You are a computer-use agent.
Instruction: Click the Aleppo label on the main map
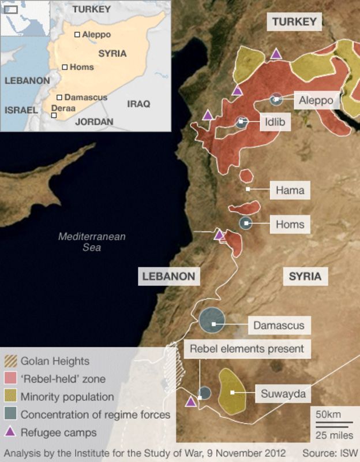click(x=316, y=100)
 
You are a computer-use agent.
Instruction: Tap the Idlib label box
click(x=275, y=122)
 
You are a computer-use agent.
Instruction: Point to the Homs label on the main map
click(x=290, y=223)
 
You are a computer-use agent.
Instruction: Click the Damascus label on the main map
click(x=279, y=325)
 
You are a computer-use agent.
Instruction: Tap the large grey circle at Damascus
click(x=212, y=321)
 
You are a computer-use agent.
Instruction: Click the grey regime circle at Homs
click(x=246, y=222)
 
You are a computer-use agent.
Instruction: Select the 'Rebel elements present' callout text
click(x=247, y=349)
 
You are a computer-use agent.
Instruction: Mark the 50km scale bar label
click(x=327, y=415)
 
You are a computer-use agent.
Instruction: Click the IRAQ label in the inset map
click(x=138, y=104)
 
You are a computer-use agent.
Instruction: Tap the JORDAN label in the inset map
click(x=94, y=122)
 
